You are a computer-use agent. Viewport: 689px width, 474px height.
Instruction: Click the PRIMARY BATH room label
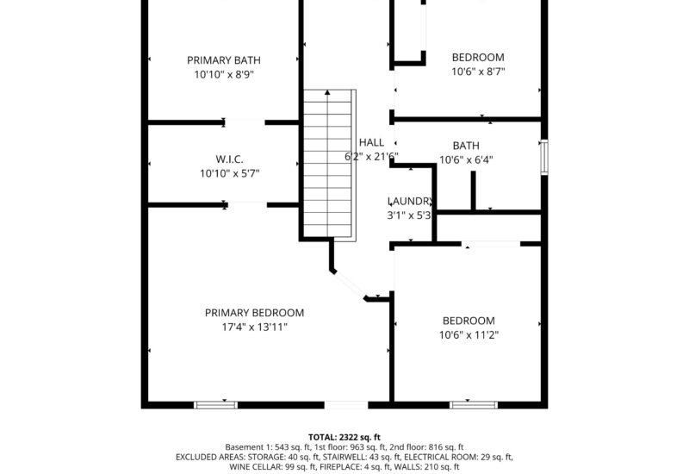pos(224,60)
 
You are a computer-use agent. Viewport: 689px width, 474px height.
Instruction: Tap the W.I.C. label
pos(229,159)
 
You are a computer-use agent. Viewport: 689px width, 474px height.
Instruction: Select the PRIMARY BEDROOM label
pos(254,313)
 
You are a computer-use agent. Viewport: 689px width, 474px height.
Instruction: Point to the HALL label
pos(371,142)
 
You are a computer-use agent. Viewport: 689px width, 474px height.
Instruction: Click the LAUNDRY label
pos(409,201)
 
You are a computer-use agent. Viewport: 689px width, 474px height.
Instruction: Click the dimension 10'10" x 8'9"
pos(224,75)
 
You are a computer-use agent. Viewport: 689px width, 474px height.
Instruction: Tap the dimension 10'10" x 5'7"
pos(229,173)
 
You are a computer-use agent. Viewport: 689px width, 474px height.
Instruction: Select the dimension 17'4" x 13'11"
pos(254,327)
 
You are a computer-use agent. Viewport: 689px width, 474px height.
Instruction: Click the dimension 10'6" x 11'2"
pos(469,334)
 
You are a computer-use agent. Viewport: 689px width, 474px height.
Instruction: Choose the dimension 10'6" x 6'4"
pos(466,159)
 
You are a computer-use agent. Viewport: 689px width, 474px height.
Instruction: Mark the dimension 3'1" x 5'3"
pos(409,215)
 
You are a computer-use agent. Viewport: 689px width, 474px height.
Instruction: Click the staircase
pos(328,164)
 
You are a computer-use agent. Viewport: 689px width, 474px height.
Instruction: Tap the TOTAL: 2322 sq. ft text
pos(344,437)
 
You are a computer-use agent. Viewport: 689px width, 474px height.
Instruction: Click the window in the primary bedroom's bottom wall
pos(215,403)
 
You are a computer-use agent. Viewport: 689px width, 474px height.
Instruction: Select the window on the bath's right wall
pos(543,157)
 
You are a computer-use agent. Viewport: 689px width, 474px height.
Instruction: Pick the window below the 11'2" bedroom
pos(473,403)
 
